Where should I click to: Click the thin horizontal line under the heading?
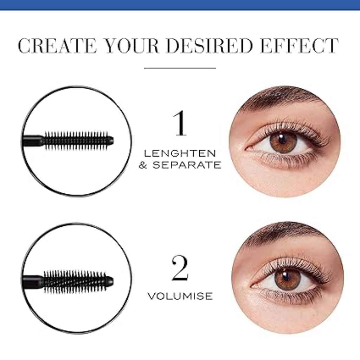pyautogui.click(x=180, y=68)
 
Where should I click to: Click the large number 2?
pyautogui.click(x=180, y=269)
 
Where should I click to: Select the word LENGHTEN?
pyautogui.click(x=180, y=153)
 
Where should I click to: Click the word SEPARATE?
pyautogui.click(x=187, y=165)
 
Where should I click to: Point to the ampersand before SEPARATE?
pyautogui.click(x=143, y=165)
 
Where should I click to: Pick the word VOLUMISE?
pyautogui.click(x=180, y=296)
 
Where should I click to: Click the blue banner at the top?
pyautogui.click(x=180, y=5)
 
